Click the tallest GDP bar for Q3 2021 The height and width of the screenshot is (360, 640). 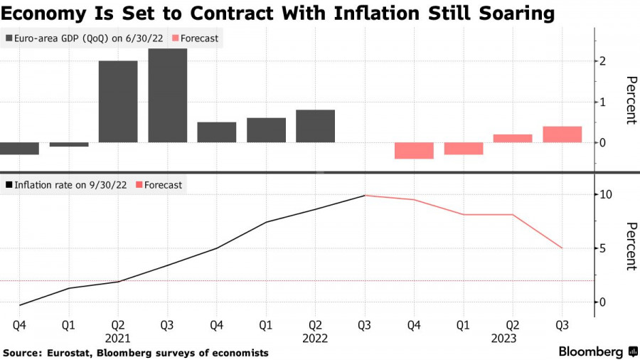pyautogui.click(x=167, y=96)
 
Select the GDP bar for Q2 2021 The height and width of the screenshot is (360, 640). pyautogui.click(x=118, y=102)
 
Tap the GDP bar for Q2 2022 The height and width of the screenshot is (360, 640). pyautogui.click(x=315, y=126)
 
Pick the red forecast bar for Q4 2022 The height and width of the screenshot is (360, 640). pyautogui.click(x=414, y=150)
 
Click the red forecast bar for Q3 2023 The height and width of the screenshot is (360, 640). pyautogui.click(x=562, y=134)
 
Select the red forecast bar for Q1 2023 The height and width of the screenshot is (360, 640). pyautogui.click(x=463, y=148)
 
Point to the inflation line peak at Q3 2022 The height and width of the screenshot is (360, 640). pyautogui.click(x=365, y=195)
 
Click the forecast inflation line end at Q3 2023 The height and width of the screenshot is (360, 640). pyautogui.click(x=562, y=248)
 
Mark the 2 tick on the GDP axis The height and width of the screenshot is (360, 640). pyautogui.click(x=602, y=61)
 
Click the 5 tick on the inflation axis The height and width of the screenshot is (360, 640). pyautogui.click(x=602, y=248)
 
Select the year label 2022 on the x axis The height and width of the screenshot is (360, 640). pyautogui.click(x=315, y=339)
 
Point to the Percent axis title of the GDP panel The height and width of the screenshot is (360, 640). pyautogui.click(x=630, y=100)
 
